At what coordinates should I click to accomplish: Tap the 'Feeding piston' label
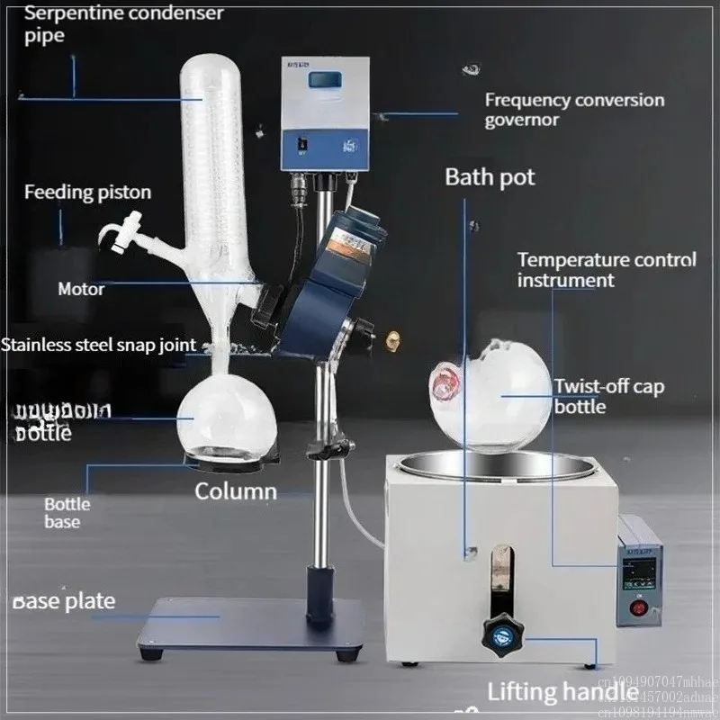pyautogui.click(x=87, y=192)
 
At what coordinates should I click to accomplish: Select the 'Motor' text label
pyautogui.click(x=81, y=289)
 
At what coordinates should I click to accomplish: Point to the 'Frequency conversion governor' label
pyautogui.click(x=574, y=110)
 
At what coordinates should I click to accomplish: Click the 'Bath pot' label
pyautogui.click(x=490, y=175)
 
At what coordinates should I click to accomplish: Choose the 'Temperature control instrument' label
pyautogui.click(x=607, y=269)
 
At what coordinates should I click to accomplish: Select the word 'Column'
pyautogui.click(x=236, y=491)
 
